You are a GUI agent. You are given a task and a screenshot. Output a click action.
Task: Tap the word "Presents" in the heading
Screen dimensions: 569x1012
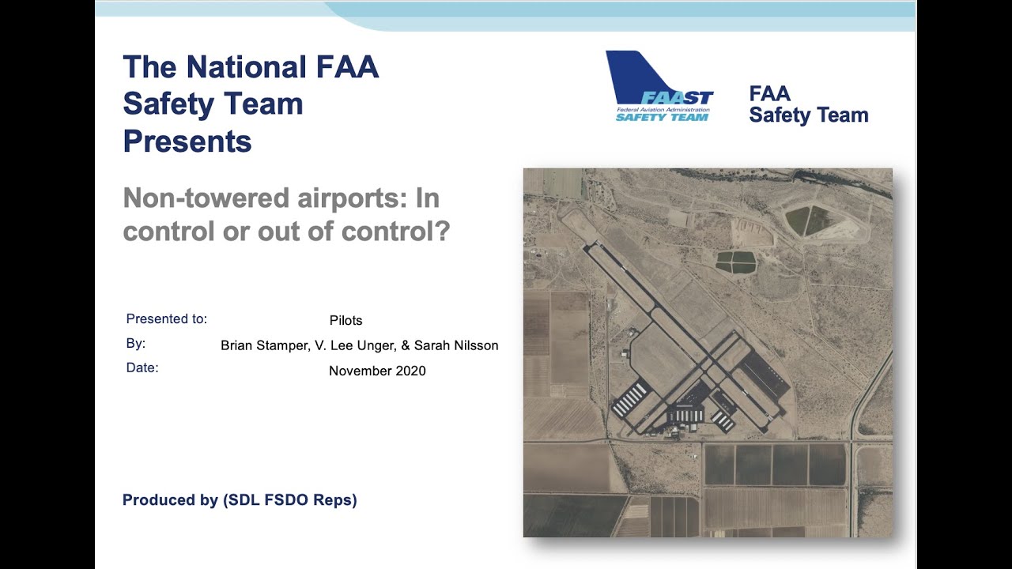click(187, 141)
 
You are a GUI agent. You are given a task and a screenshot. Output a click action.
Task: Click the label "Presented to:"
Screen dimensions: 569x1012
click(167, 319)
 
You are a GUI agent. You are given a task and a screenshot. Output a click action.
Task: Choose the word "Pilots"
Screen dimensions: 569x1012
click(346, 321)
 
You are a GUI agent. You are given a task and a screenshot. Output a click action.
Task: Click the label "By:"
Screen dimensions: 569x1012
click(136, 344)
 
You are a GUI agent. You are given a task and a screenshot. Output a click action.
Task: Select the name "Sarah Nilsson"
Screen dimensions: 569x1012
click(461, 345)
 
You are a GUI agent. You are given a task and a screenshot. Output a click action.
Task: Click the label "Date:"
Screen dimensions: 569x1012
click(142, 367)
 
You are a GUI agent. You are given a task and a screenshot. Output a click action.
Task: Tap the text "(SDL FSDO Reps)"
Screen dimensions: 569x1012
click(289, 500)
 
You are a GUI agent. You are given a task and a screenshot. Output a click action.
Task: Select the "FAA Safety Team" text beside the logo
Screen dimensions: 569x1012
click(808, 105)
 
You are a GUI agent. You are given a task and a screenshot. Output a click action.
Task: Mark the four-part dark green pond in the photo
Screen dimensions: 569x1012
click(734, 262)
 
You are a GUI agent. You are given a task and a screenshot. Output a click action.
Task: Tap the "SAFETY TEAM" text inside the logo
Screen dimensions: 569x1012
click(662, 117)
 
